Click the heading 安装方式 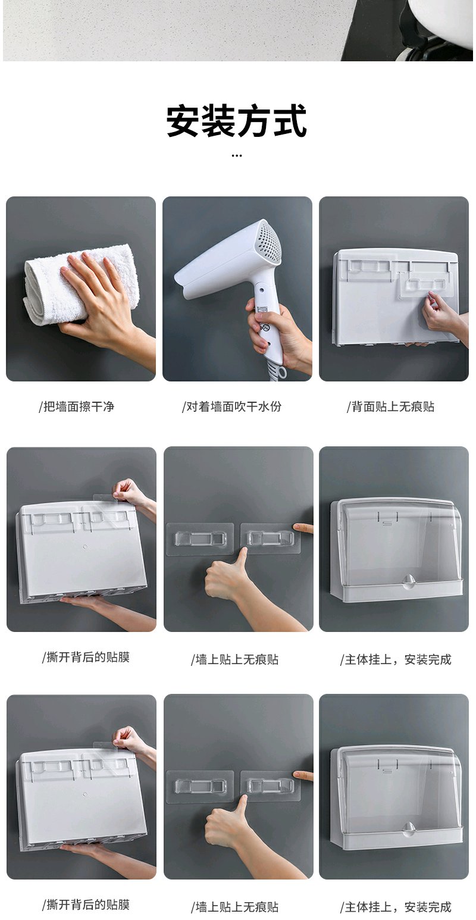pyautogui.click(x=237, y=120)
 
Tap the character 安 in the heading pyautogui.click(x=183, y=120)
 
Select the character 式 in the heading pyautogui.click(x=290, y=120)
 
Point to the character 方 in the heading pyautogui.click(x=255, y=120)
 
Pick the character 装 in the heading pyautogui.click(x=219, y=120)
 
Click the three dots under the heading pyautogui.click(x=237, y=156)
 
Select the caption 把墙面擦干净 pyautogui.click(x=77, y=406)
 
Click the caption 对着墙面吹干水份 pyautogui.click(x=231, y=406)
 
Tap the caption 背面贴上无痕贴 pyautogui.click(x=390, y=406)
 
